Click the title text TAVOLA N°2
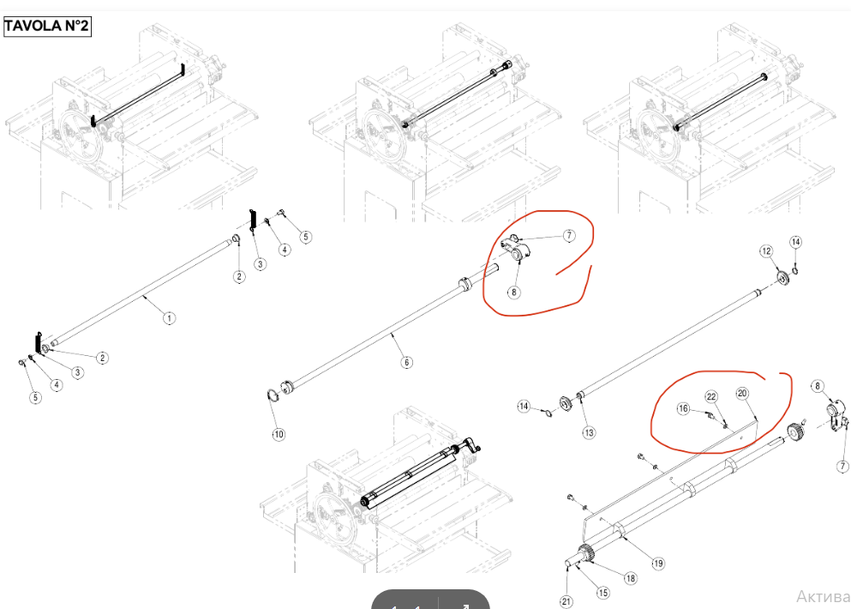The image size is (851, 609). [46, 26]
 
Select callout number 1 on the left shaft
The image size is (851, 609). [169, 317]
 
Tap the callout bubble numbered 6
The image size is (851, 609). [406, 362]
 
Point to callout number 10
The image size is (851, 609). [279, 435]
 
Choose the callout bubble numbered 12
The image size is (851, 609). [767, 250]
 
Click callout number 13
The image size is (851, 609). [589, 432]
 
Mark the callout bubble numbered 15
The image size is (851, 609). [602, 592]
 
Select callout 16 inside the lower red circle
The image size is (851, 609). [683, 409]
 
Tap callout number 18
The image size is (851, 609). [630, 578]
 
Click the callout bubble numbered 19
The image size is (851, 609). [658, 564]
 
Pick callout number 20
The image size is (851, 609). [742, 393]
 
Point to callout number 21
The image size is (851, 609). [566, 600]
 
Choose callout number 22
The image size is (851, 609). [711, 396]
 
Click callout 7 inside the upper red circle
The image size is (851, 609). [568, 235]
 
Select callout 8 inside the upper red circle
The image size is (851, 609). [513, 292]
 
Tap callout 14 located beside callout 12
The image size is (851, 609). [795, 243]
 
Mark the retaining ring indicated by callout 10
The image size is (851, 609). [272, 395]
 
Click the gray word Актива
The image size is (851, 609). [823, 596]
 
